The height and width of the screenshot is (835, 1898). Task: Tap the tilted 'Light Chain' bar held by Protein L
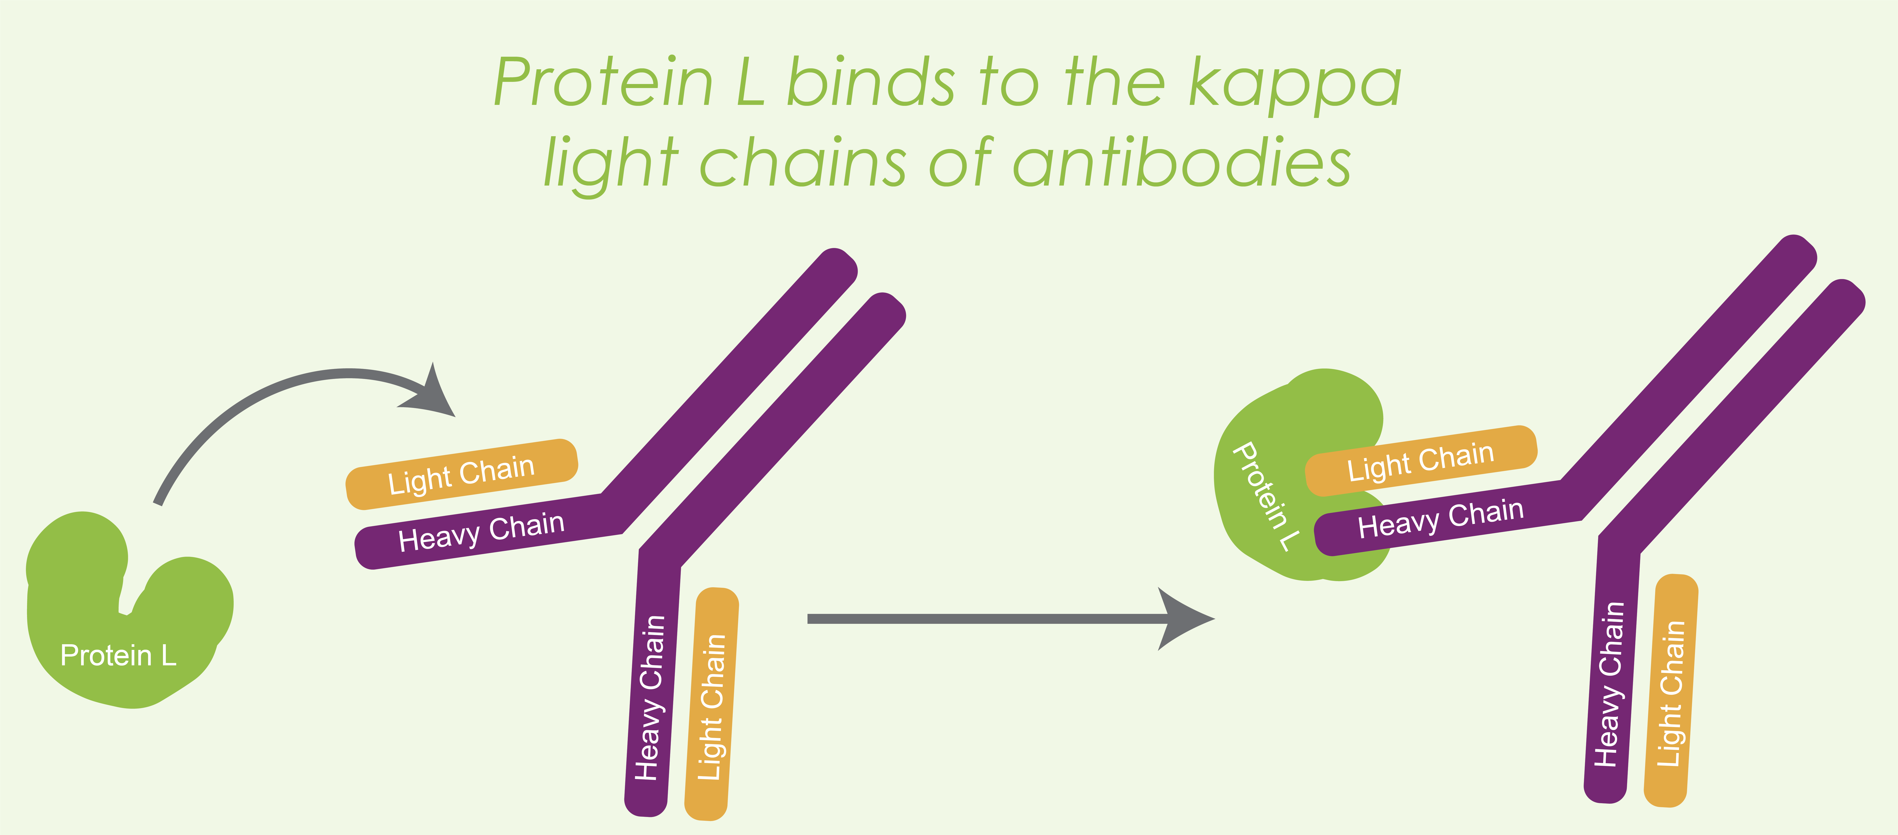click(x=1420, y=461)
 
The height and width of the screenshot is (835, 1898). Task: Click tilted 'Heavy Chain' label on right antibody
click(x=1440, y=518)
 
